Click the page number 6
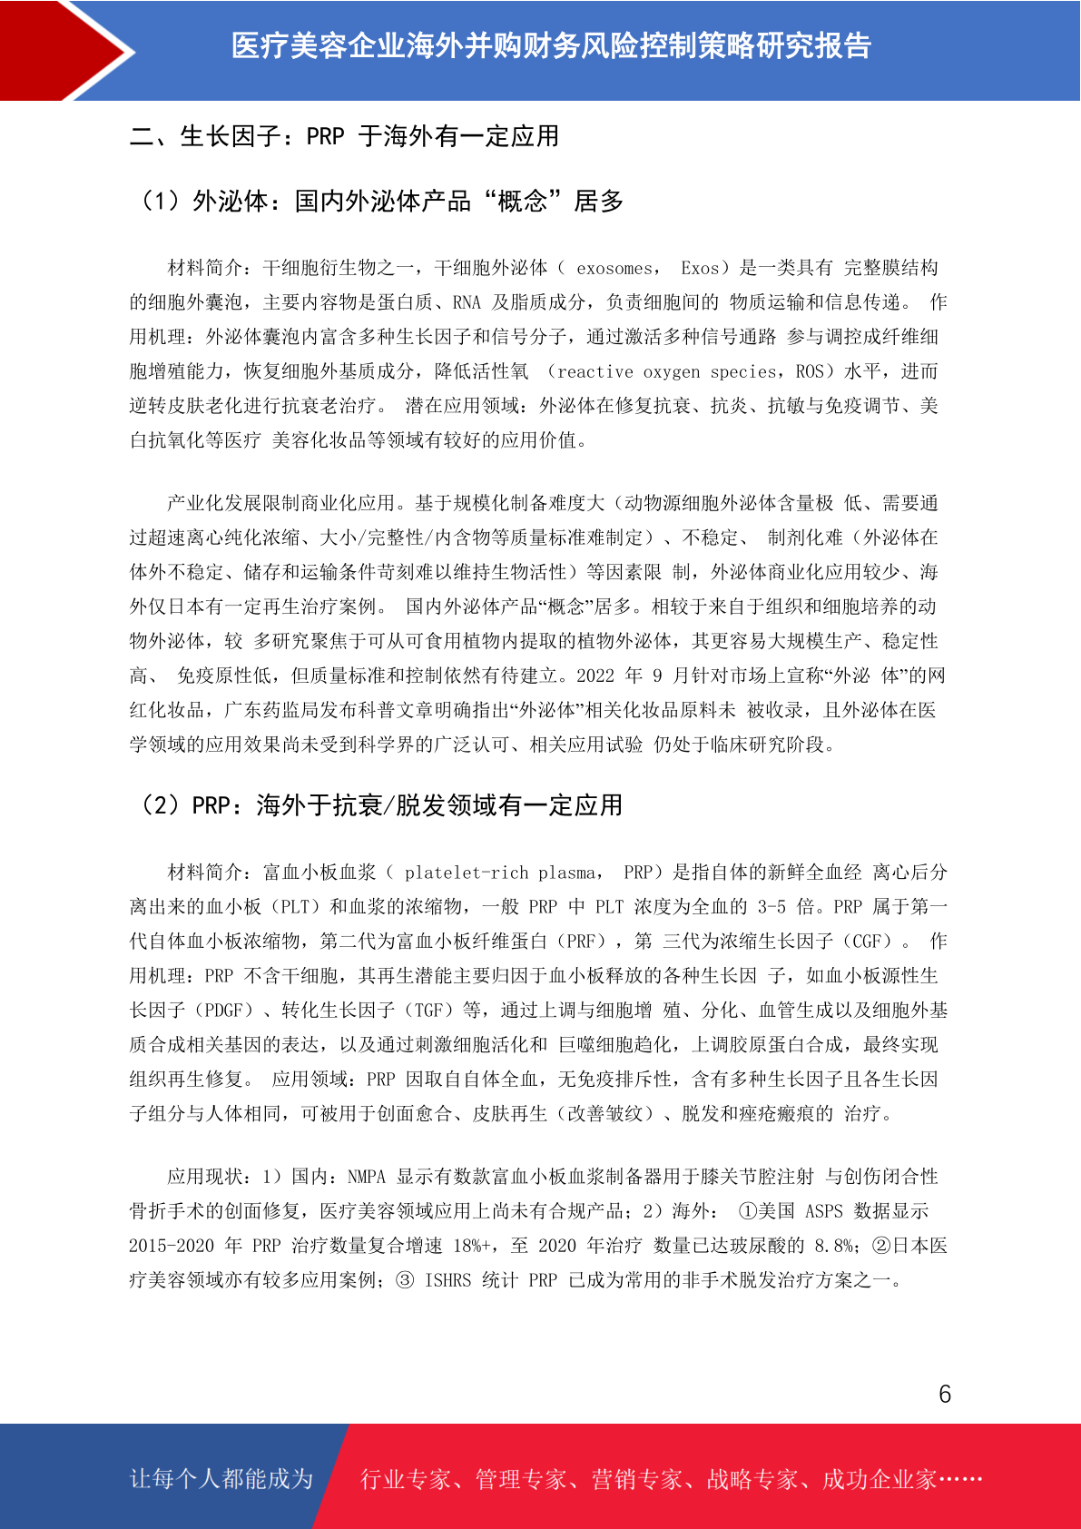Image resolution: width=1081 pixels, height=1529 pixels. pos(945,1394)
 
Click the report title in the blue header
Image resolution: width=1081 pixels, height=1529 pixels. pos(551,45)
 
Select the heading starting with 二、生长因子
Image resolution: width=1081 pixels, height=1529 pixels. pos(344,136)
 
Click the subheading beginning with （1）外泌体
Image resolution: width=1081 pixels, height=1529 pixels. pos(378,201)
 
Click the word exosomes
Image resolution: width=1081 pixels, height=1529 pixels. pos(614,269)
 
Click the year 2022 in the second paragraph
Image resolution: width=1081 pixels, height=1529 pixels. pos(595,676)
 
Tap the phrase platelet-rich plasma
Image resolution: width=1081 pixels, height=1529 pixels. pos(501,873)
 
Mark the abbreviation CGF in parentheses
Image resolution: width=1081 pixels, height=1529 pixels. pos(866,942)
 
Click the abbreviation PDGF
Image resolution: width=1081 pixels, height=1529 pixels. pos(223,1011)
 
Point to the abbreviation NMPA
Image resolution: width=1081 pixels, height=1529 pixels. pos(367,1178)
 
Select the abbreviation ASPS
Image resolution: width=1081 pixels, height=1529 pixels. pos(823,1212)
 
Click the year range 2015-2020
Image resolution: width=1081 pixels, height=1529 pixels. pos(172,1247)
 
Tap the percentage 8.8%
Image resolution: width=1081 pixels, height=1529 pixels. pos(833,1247)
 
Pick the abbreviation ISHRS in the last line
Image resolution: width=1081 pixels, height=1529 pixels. pos(448,1281)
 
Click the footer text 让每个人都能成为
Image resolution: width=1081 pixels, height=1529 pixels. pos(221,1479)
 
